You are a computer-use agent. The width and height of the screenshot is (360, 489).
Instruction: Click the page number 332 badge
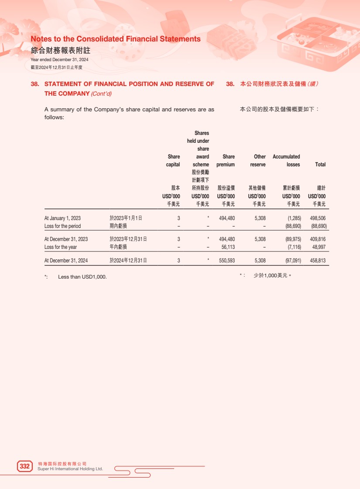point(25,466)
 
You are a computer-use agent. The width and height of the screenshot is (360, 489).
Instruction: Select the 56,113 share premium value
point(228,247)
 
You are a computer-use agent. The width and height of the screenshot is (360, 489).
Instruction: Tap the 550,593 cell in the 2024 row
point(226,261)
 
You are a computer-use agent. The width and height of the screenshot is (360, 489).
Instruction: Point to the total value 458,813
point(318,261)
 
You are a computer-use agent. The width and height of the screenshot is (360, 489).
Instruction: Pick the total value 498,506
point(318,218)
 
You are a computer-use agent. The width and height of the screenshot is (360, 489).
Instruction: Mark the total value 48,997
point(319,247)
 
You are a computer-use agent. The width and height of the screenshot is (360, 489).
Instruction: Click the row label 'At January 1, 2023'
point(62,218)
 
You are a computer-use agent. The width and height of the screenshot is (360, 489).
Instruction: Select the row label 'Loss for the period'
point(62,226)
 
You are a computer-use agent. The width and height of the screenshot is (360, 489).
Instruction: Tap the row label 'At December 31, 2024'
point(66,261)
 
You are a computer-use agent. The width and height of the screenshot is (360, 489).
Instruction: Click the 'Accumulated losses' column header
point(286,160)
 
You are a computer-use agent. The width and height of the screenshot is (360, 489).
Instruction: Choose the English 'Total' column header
point(320,165)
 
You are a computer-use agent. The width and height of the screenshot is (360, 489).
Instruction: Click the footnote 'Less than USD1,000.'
point(82,277)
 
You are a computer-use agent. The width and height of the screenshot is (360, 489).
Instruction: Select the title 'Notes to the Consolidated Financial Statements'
point(116,39)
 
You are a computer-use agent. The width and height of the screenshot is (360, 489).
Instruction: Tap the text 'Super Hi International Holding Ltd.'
point(71,469)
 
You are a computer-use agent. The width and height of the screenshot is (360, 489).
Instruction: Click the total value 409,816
point(318,239)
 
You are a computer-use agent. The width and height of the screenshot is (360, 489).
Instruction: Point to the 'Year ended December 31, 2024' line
point(59,59)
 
